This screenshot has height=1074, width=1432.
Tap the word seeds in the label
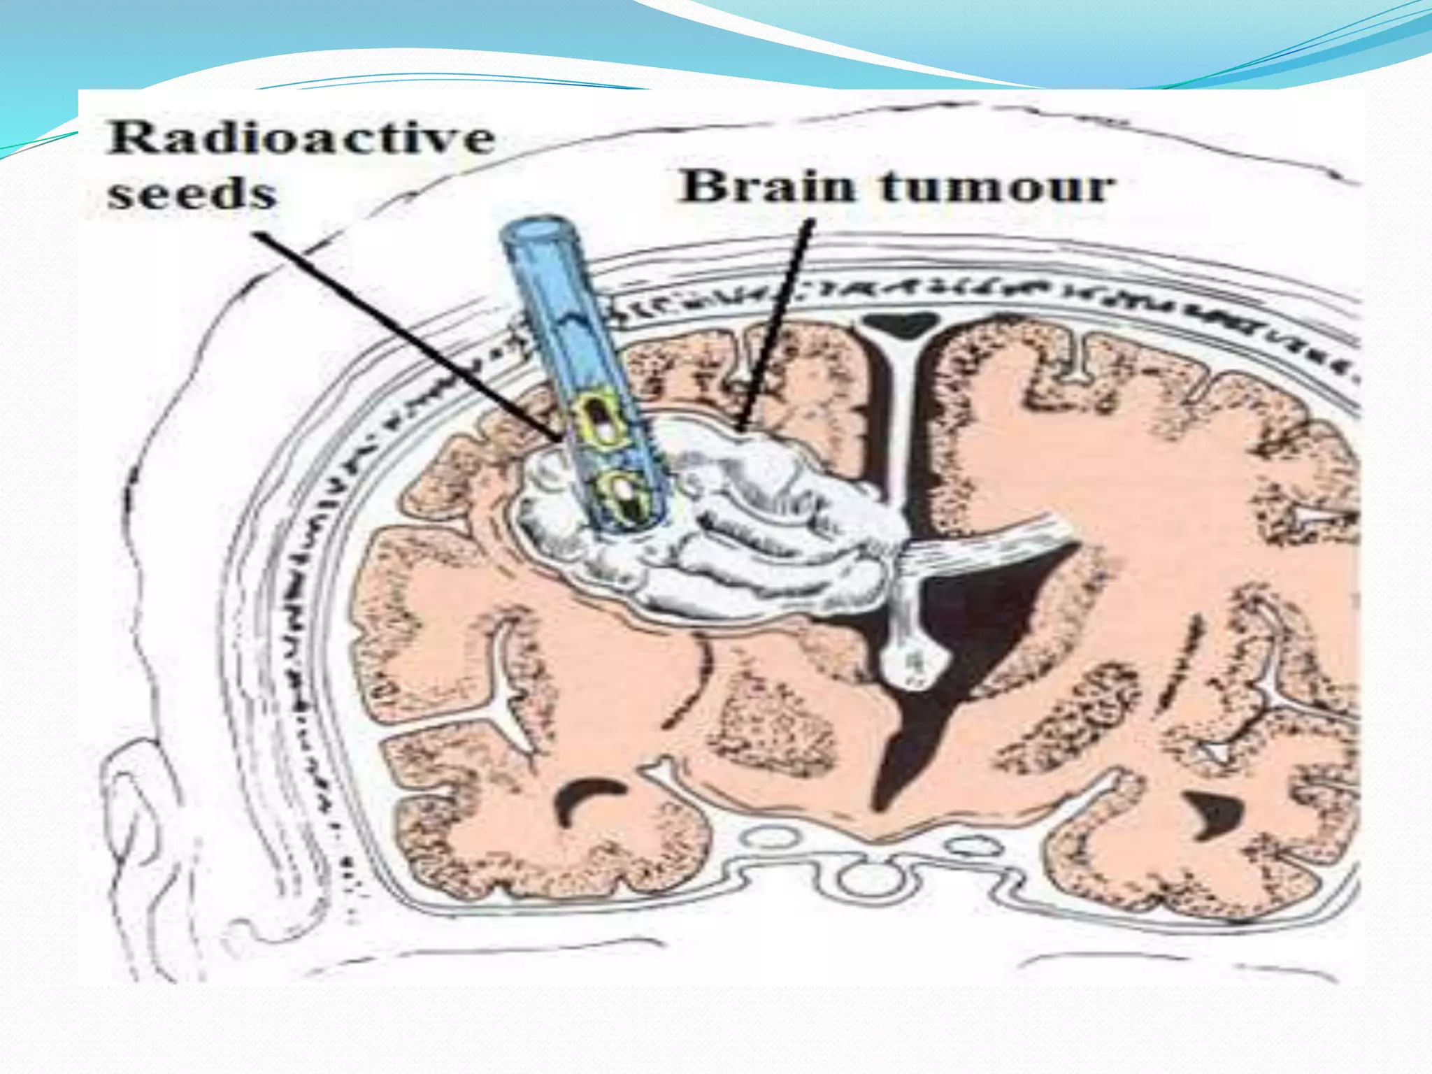tap(192, 194)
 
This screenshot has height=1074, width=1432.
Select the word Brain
tap(768, 187)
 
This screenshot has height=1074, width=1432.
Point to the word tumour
tap(997, 187)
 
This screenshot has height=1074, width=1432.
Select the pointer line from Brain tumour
tap(776, 322)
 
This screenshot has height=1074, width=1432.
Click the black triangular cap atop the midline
tap(900, 324)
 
